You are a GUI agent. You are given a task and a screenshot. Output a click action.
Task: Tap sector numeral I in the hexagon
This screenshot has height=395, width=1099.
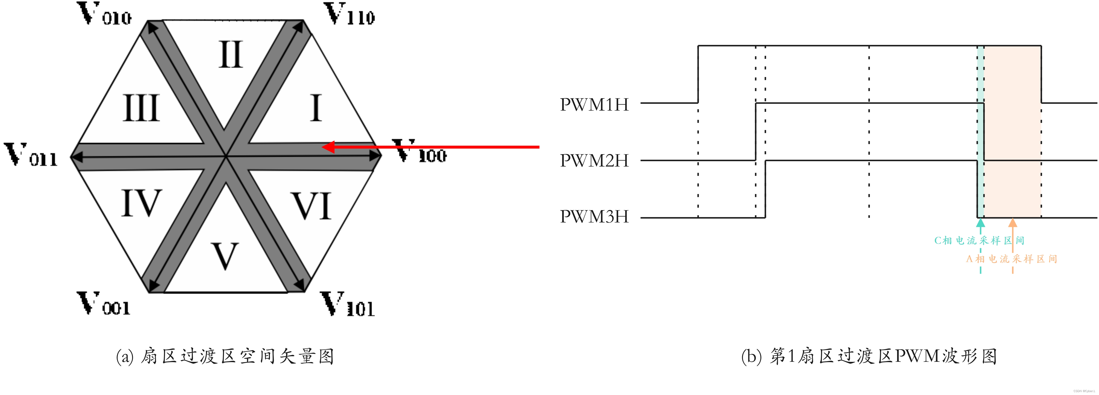(316, 108)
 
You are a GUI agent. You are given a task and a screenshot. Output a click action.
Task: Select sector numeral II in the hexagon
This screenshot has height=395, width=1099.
(231, 55)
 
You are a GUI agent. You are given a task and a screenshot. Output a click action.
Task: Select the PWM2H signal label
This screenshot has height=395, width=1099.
(594, 161)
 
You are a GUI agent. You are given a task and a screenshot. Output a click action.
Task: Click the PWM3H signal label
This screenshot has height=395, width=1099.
(594, 217)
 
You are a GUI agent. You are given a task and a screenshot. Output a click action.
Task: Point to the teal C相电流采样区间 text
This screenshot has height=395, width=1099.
(979, 240)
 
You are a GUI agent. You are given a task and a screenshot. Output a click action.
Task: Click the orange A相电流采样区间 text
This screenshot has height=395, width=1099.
(1011, 259)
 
